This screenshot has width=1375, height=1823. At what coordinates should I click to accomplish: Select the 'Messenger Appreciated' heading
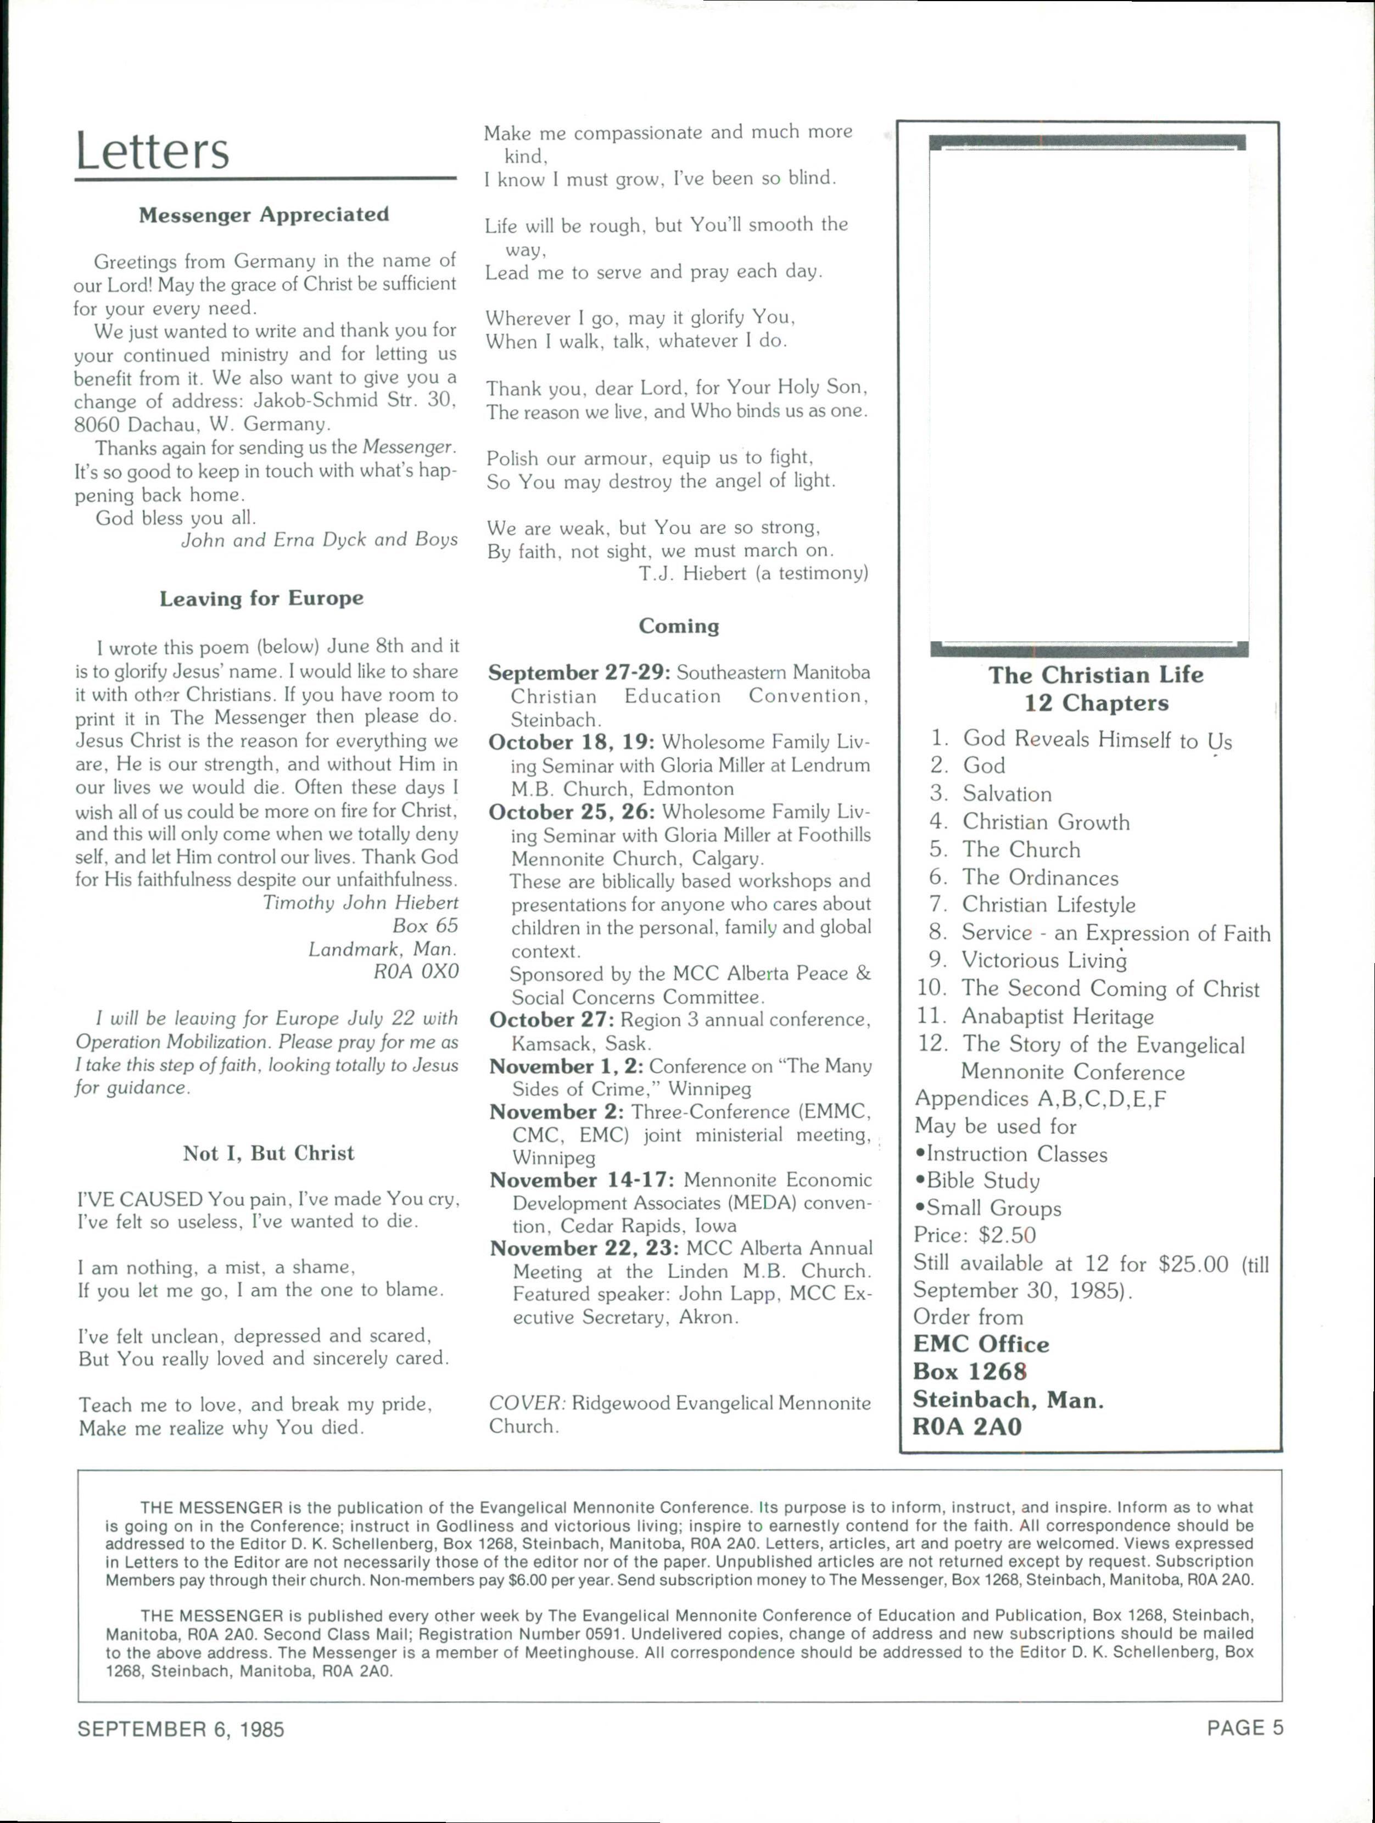click(x=264, y=215)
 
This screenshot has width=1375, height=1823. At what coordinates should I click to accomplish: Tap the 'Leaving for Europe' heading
click(x=261, y=599)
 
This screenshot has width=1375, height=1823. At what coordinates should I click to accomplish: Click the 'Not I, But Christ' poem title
click(x=269, y=1153)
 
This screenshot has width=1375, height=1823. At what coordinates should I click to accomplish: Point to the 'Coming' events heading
click(x=678, y=627)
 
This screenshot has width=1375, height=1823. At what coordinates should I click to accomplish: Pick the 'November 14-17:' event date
click(x=583, y=1180)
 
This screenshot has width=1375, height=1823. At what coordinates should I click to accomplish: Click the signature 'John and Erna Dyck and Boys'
click(x=319, y=540)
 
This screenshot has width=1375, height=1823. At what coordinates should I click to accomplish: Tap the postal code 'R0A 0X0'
click(x=416, y=972)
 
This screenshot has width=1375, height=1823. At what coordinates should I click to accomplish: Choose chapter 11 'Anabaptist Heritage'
click(x=1058, y=1017)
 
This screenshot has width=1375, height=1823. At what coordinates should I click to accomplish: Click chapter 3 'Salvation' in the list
click(x=1007, y=793)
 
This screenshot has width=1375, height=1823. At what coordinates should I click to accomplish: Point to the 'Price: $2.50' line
click(x=974, y=1235)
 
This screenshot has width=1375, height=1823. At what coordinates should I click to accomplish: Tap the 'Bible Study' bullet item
click(x=982, y=1181)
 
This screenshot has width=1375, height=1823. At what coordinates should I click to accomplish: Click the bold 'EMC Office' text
click(x=981, y=1344)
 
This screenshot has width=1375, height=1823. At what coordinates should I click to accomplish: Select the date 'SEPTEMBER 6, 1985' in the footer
click(x=181, y=1729)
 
